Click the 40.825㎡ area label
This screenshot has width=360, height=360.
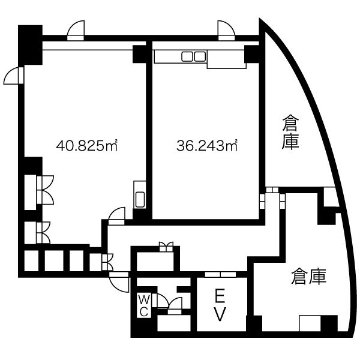[x=87, y=145]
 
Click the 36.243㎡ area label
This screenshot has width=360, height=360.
[x=207, y=145]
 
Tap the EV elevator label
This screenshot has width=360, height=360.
[x=220, y=305]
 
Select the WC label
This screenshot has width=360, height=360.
[x=144, y=306]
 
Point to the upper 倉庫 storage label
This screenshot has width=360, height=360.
[x=290, y=132]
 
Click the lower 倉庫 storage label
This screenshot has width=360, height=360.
[x=309, y=277]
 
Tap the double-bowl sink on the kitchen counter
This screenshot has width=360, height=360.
[x=194, y=56]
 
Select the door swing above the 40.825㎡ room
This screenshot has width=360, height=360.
[x=76, y=31]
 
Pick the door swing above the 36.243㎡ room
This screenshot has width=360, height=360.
[x=226, y=31]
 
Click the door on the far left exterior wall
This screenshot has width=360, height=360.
[x=14, y=76]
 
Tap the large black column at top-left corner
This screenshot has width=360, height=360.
[x=31, y=45]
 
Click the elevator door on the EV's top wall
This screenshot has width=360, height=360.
[x=220, y=274]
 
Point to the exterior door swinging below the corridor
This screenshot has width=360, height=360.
[x=119, y=282]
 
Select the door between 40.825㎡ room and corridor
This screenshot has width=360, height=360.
[x=116, y=216]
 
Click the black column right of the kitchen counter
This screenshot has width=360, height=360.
[x=251, y=54]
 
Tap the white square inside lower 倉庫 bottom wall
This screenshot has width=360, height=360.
[x=310, y=323]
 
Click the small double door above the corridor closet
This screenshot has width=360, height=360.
[x=166, y=247]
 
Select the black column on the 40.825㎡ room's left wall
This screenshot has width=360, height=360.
[x=33, y=166]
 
